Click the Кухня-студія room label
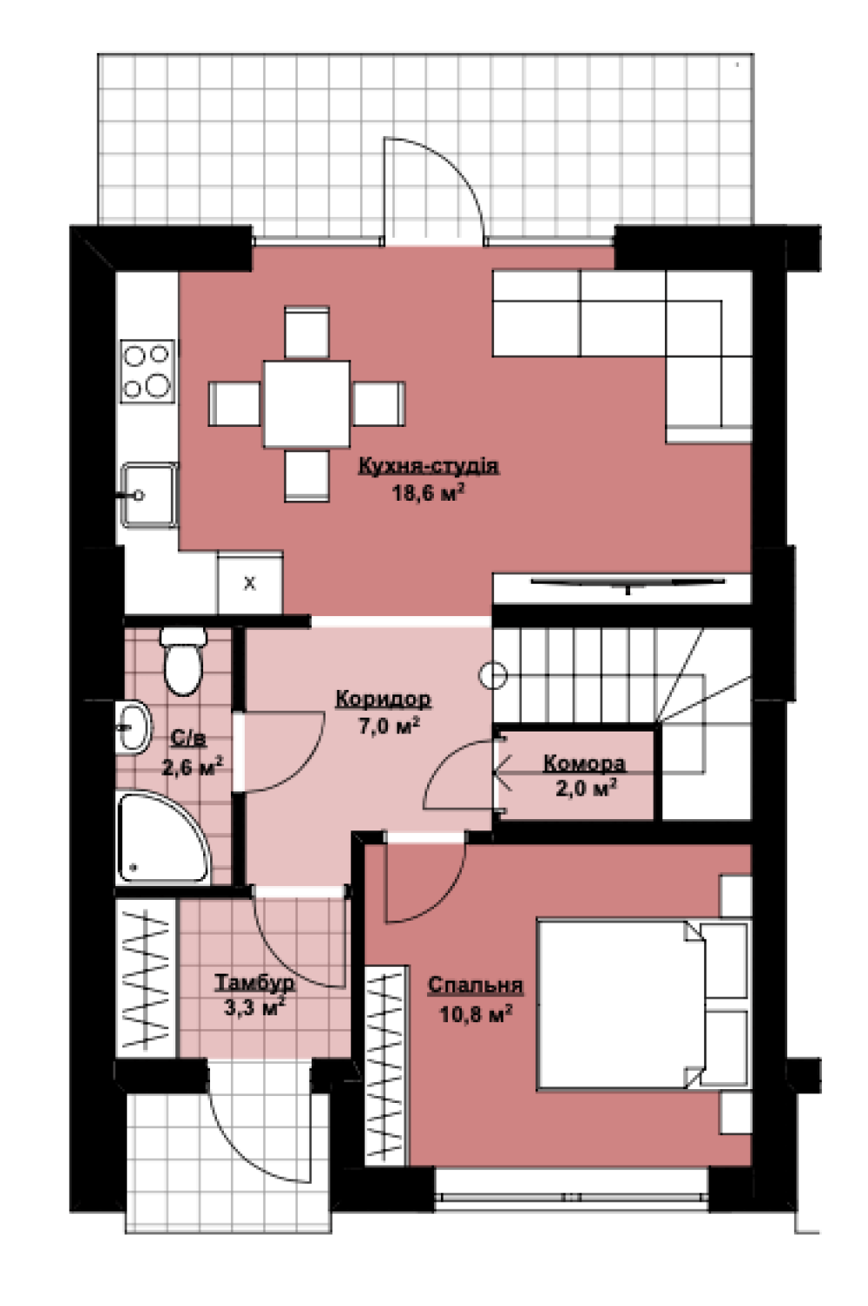(429, 466)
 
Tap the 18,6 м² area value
(429, 493)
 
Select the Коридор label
(384, 699)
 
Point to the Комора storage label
(584, 763)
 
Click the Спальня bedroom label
(476, 985)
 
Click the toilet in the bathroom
(183, 661)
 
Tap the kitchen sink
(148, 495)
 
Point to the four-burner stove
(148, 371)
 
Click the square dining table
(306, 404)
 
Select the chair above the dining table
(306, 332)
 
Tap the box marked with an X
(250, 583)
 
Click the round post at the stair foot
(493, 675)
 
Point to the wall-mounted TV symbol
(628, 584)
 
